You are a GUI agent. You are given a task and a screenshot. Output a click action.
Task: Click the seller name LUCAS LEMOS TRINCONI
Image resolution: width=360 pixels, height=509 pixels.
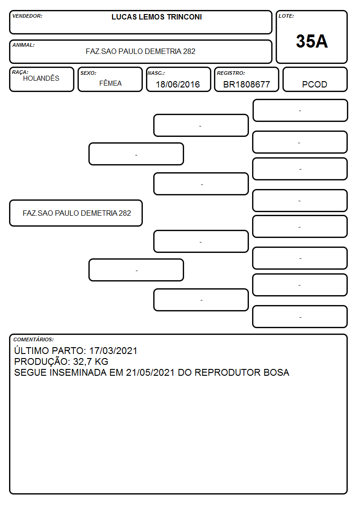tap(156, 17)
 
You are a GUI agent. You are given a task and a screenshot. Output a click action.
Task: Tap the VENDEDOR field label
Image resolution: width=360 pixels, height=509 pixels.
tap(27, 16)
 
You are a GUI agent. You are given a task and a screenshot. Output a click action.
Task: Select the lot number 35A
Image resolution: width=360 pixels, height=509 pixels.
tap(311, 41)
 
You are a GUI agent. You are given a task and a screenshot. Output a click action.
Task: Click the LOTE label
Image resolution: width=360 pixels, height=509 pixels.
tap(286, 16)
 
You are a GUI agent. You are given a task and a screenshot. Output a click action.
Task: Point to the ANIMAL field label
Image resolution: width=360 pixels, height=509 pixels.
tap(24, 45)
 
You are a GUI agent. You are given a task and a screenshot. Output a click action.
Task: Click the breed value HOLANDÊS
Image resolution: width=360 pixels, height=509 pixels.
tap(41, 78)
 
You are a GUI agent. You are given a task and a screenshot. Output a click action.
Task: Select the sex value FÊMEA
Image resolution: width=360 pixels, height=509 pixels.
tap(110, 83)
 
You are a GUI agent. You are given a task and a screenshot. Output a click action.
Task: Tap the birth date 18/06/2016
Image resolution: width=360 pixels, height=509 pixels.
tap(178, 84)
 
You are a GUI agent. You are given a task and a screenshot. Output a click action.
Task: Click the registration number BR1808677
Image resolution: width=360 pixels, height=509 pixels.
tap(246, 84)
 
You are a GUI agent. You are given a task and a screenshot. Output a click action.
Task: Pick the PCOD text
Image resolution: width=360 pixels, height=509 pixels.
tap(314, 84)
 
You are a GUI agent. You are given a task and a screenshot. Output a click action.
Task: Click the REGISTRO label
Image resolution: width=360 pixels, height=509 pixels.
tap(231, 73)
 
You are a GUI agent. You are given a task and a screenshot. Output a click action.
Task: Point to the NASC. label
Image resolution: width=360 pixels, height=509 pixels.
tap(156, 73)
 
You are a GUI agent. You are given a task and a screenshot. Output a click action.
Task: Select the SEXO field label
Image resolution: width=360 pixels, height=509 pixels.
tap(88, 73)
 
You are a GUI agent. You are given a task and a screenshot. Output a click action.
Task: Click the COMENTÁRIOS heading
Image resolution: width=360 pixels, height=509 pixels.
tap(34, 339)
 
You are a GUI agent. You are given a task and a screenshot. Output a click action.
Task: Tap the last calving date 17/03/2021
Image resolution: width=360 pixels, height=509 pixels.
tap(113, 350)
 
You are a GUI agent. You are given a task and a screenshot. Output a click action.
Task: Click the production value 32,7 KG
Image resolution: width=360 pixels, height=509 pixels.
tap(91, 362)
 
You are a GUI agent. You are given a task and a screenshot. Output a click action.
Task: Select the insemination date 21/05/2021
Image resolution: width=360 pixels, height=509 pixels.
tap(150, 372)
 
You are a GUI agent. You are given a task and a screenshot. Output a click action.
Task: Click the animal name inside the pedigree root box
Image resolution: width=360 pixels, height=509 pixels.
tap(77, 213)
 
